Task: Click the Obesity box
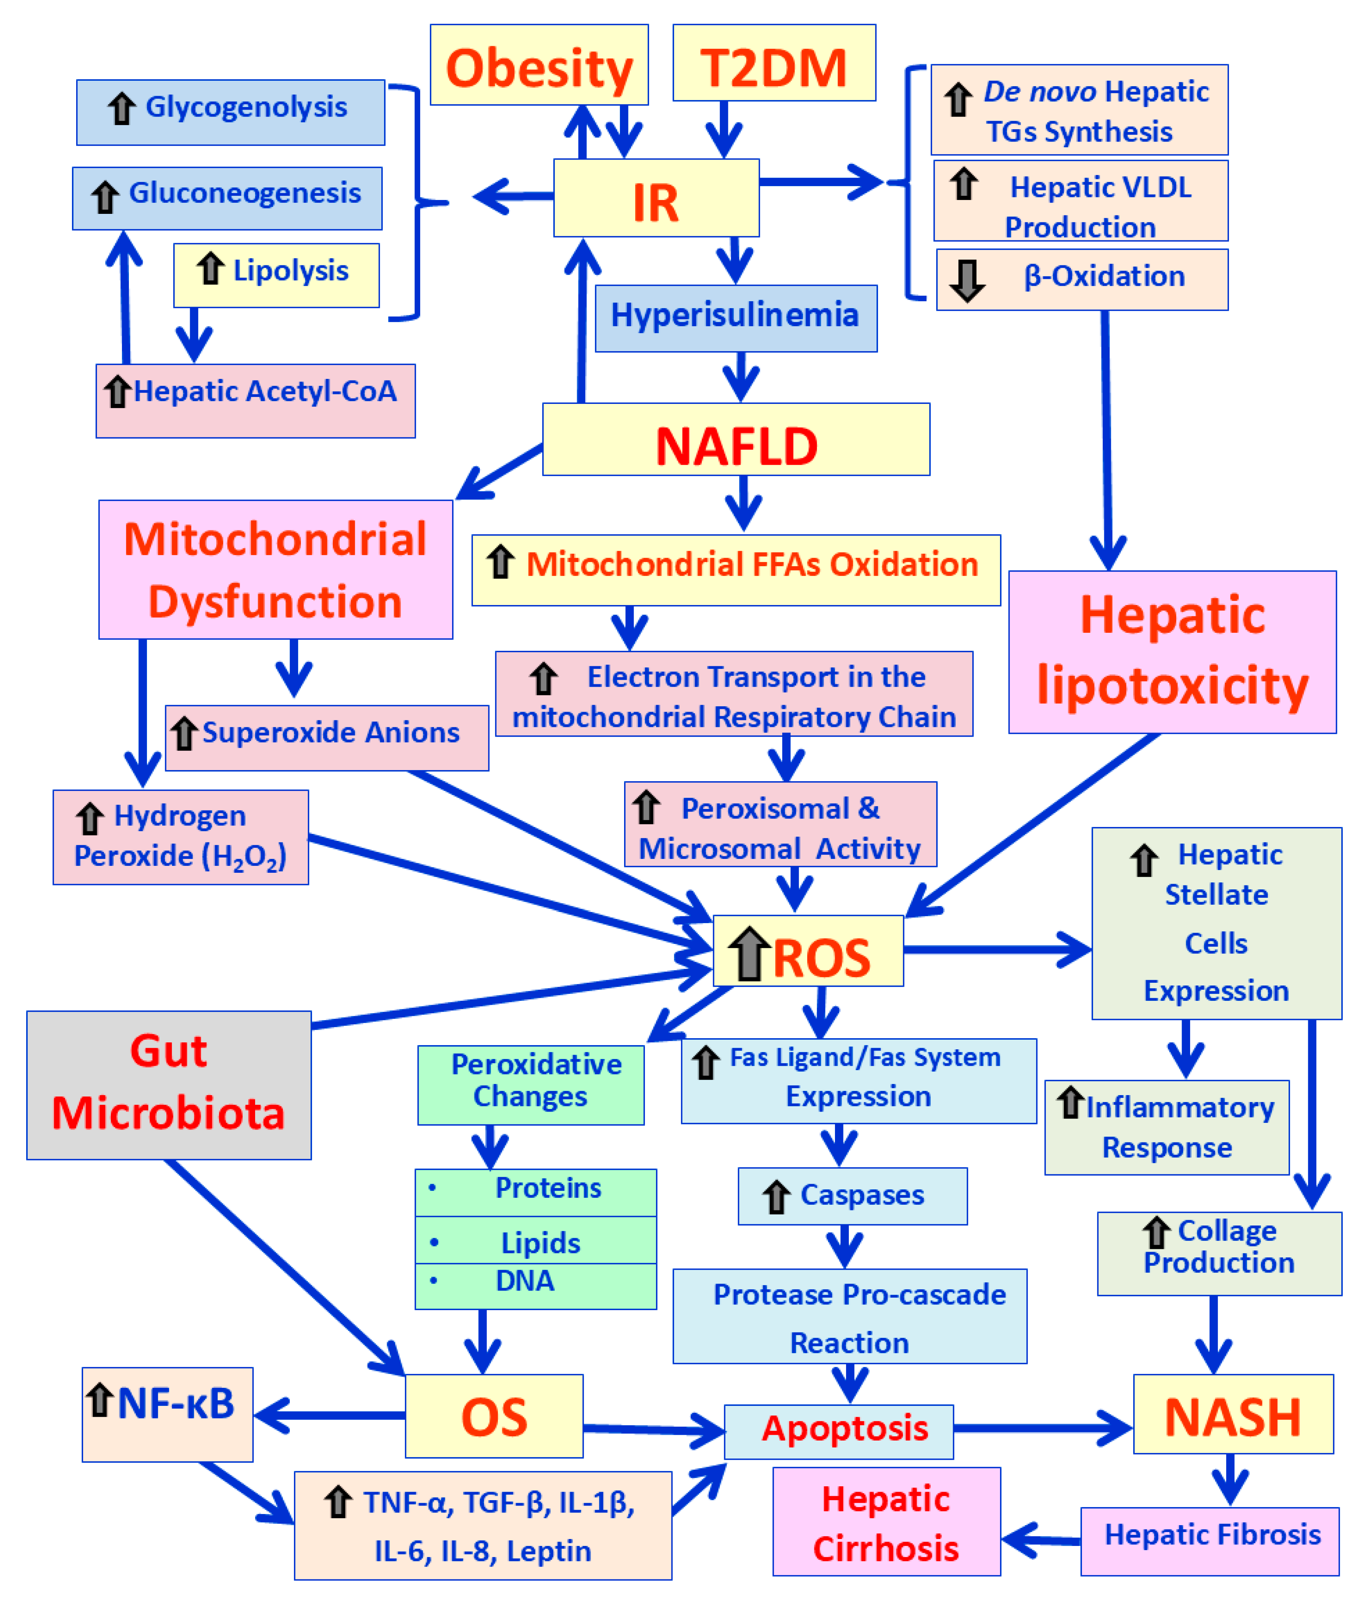(x=539, y=64)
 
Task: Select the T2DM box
(x=774, y=63)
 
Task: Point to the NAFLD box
(x=736, y=439)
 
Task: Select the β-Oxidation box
(x=1082, y=279)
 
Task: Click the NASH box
(x=1233, y=1414)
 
